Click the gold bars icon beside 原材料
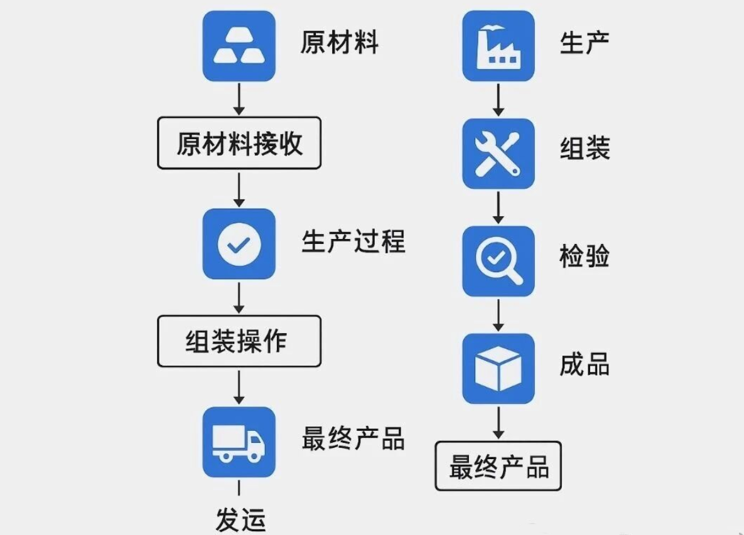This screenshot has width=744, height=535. [x=239, y=46]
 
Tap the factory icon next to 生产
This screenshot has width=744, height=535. [x=499, y=46]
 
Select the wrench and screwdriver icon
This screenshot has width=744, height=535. [x=499, y=154]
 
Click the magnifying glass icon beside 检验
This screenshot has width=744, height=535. [x=499, y=261]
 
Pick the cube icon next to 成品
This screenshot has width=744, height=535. [x=499, y=369]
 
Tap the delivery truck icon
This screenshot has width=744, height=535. [x=239, y=442]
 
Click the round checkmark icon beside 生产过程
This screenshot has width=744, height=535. [x=239, y=244]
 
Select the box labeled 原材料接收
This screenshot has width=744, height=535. [x=239, y=143]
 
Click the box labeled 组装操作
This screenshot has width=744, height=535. [x=239, y=341]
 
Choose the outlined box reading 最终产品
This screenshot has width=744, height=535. [x=499, y=466]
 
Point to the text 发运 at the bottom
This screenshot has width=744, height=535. [x=240, y=520]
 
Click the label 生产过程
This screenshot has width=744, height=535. [x=353, y=241]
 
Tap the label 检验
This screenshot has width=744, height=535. [x=585, y=257]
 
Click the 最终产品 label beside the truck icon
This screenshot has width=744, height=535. [x=353, y=438]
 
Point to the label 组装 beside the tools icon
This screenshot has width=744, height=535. [x=585, y=148]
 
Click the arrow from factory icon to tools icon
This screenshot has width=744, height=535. [x=499, y=100]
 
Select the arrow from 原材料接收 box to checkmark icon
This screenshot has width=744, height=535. [x=239, y=189]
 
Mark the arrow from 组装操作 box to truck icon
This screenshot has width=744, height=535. [x=239, y=388]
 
